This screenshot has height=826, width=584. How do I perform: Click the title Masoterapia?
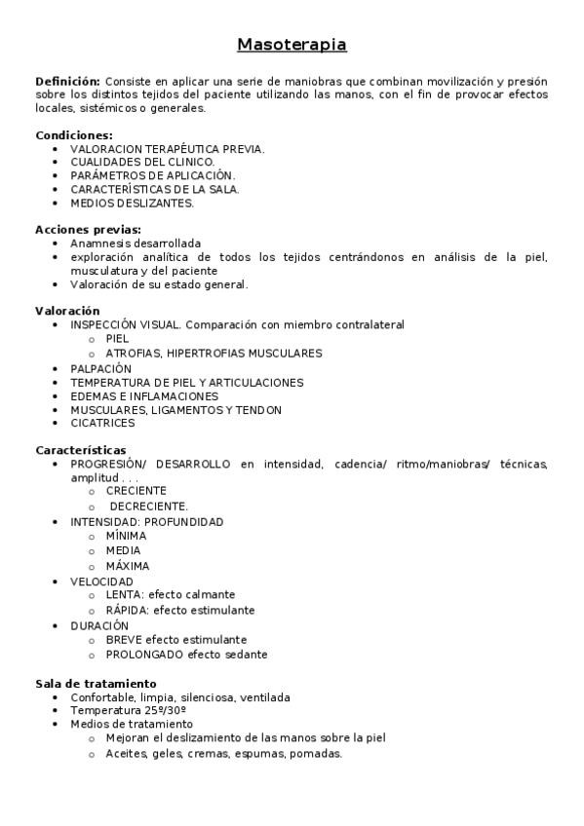(292, 45)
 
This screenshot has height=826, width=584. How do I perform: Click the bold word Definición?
(67, 81)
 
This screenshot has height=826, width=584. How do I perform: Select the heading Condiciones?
(74, 134)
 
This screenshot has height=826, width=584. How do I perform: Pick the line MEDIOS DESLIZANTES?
(132, 203)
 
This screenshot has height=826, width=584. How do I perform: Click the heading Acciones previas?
(88, 229)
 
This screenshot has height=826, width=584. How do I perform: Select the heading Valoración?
(67, 311)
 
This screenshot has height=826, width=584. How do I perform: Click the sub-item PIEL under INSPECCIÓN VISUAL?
(117, 339)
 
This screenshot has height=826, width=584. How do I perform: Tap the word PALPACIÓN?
(100, 369)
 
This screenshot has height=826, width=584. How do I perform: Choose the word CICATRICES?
(102, 423)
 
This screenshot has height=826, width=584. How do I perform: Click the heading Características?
(81, 450)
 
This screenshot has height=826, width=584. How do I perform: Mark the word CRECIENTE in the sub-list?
(136, 491)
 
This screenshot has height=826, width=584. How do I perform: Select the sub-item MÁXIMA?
(128, 566)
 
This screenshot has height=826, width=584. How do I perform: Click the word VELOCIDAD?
(101, 582)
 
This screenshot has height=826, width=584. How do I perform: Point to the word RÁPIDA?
(127, 610)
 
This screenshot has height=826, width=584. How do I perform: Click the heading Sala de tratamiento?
(96, 684)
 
